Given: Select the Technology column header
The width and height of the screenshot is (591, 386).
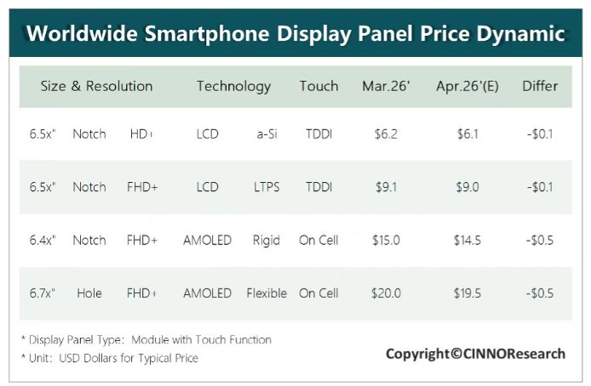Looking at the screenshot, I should (x=233, y=86).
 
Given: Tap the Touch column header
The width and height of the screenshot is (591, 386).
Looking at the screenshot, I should (x=318, y=86).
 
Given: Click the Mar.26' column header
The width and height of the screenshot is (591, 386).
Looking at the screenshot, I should (x=386, y=86).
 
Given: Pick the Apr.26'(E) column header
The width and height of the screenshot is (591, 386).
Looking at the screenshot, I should (x=468, y=86).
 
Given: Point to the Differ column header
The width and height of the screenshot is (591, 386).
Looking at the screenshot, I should (x=540, y=86).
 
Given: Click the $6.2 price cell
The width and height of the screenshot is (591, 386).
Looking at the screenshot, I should (x=385, y=134).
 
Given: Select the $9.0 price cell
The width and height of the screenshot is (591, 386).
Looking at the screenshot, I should (x=468, y=187).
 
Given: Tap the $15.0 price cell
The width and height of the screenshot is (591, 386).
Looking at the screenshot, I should (x=386, y=241).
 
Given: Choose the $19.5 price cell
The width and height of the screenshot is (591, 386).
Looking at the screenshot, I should (x=468, y=293).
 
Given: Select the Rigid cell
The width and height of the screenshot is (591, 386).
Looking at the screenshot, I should (x=267, y=241).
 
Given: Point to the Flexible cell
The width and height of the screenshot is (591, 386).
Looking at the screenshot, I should (x=267, y=293).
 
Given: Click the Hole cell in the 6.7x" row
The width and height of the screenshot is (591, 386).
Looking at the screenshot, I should (x=89, y=293).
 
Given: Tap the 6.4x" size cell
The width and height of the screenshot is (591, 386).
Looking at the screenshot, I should (x=39, y=241).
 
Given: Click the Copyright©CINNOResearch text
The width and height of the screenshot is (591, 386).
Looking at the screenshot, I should (x=474, y=354).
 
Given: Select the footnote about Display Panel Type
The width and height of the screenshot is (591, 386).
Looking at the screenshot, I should (x=146, y=340).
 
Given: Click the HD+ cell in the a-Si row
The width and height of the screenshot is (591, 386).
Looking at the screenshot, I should (x=142, y=134).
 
